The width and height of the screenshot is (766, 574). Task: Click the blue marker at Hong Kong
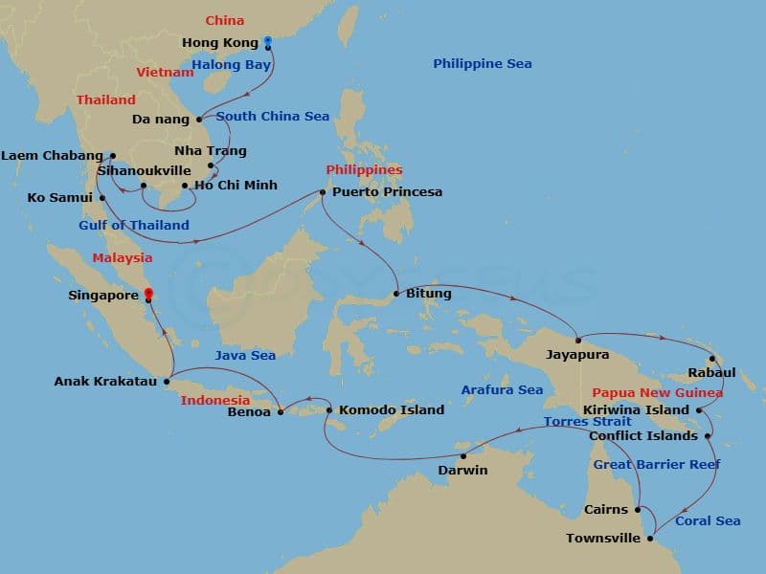268,41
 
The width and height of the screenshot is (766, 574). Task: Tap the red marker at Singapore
147,296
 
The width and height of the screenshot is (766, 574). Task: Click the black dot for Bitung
396,294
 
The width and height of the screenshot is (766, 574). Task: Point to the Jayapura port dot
577,340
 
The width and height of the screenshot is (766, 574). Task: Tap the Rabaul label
712,373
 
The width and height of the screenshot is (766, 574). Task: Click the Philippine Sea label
482,64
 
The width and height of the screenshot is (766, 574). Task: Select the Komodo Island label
392,410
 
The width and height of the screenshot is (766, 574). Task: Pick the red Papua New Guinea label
657,393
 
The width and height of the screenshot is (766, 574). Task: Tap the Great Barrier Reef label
657,465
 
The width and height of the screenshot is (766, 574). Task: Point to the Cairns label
606,510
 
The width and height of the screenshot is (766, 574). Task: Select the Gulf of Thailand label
134,226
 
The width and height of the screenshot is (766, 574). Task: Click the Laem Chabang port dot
112,155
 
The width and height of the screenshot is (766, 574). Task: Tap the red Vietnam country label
165,73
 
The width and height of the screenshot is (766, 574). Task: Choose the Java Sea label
245,356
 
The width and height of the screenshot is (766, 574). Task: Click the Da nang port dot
199,121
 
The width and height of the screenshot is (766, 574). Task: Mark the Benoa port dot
281,412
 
